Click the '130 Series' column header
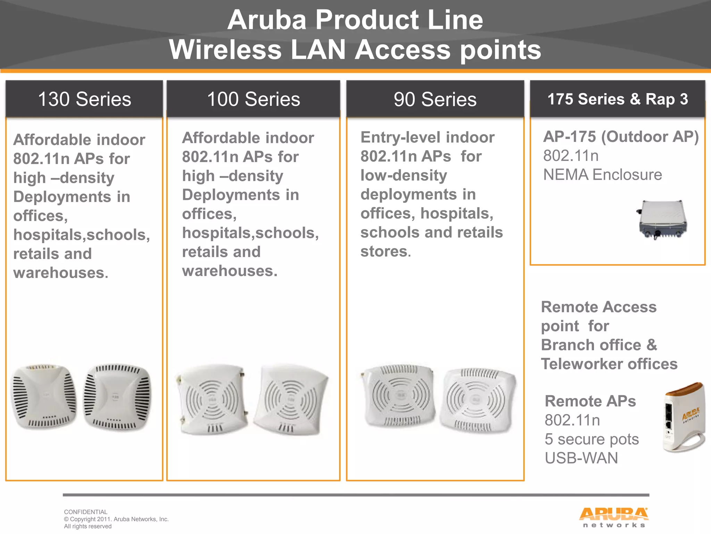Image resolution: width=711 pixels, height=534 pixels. pyautogui.click(x=84, y=99)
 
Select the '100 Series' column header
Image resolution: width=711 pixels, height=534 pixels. pyautogui.click(x=253, y=99)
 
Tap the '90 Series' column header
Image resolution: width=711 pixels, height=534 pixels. pyautogui.click(x=435, y=99)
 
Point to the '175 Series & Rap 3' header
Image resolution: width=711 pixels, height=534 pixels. pyautogui.click(x=618, y=99)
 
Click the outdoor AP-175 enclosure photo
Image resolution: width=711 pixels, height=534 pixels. pyautogui.click(x=662, y=220)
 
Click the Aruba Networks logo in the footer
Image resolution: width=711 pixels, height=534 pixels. pyautogui.click(x=613, y=517)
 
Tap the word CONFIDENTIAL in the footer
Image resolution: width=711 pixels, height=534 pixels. pyautogui.click(x=86, y=512)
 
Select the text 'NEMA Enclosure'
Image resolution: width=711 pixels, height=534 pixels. pyautogui.click(x=602, y=175)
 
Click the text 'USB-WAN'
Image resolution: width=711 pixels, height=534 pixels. pyautogui.click(x=581, y=458)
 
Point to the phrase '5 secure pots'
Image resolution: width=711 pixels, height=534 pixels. pyautogui.click(x=592, y=439)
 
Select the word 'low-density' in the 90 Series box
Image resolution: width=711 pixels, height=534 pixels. pyautogui.click(x=403, y=175)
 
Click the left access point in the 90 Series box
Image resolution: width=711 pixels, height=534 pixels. pyautogui.click(x=399, y=396)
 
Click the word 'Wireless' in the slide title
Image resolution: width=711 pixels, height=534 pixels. pyautogui.click(x=225, y=50)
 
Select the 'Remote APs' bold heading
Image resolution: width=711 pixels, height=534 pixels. pyautogui.click(x=590, y=401)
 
